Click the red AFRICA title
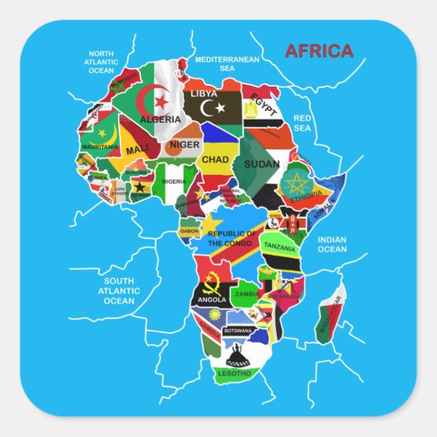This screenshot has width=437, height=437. [x=318, y=51]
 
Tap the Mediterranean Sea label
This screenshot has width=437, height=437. [x=228, y=64]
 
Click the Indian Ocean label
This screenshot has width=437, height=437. [x=332, y=244]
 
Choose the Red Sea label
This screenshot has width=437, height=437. [x=303, y=123]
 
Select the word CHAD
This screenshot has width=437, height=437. [x=215, y=159]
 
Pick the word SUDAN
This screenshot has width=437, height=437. [x=262, y=163]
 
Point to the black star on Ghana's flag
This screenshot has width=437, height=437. [x=140, y=186]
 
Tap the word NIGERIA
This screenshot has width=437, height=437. [x=174, y=181]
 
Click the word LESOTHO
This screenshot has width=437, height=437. [x=234, y=373]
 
